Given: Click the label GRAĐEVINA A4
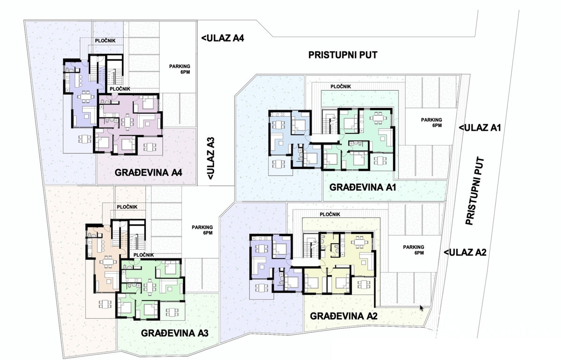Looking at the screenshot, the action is pyautogui.click(x=148, y=173).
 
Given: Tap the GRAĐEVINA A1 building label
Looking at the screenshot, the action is pyautogui.click(x=363, y=187).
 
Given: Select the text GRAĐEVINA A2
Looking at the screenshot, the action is pyautogui.click(x=344, y=316).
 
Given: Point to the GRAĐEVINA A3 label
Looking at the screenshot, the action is pyautogui.click(x=174, y=333).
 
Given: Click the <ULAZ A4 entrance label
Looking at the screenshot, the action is pyautogui.click(x=223, y=38).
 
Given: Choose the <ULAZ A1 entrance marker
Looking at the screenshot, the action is pyautogui.click(x=480, y=128).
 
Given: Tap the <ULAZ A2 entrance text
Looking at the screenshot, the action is pyautogui.click(x=465, y=252).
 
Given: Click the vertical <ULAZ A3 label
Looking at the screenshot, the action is pyautogui.click(x=211, y=158).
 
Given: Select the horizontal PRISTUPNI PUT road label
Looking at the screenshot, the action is pyautogui.click(x=343, y=55).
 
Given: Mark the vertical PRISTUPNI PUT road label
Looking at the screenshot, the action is pyautogui.click(x=475, y=191).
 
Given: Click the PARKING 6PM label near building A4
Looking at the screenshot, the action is pyautogui.click(x=180, y=69).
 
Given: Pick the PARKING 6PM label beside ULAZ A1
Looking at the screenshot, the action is pyautogui.click(x=432, y=122).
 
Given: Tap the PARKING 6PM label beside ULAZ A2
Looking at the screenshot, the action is pyautogui.click(x=413, y=250).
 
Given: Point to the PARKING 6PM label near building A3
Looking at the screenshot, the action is pyautogui.click(x=202, y=230).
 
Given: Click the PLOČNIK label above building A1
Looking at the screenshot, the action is pyautogui.click(x=341, y=86).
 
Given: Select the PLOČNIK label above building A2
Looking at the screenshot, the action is pyautogui.click(x=330, y=215).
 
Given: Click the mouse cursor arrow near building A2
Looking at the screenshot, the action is pyautogui.click(x=422, y=308).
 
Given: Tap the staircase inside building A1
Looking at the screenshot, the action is pyautogui.click(x=330, y=122).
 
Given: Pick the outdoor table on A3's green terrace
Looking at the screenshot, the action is pyautogui.click(x=172, y=312).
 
